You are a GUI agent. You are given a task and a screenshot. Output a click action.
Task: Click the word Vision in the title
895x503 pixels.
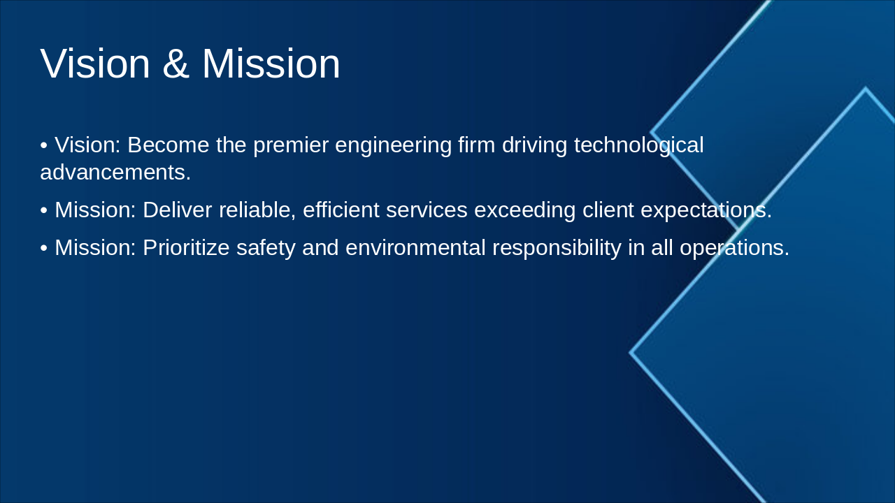click(x=95, y=64)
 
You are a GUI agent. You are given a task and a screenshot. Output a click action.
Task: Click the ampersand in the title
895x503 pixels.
click(x=176, y=64)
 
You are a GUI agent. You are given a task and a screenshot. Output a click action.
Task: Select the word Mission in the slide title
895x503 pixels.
click(x=271, y=64)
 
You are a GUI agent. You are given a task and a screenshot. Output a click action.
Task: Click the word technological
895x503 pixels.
click(x=638, y=145)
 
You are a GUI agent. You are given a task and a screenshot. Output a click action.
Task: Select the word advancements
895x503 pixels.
click(x=115, y=173)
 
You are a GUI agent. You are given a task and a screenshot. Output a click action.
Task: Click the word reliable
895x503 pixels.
click(x=257, y=210)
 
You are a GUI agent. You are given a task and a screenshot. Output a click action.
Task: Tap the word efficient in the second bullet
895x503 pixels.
click(x=341, y=210)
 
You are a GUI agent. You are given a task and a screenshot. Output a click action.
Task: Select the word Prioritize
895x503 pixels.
click(x=185, y=247)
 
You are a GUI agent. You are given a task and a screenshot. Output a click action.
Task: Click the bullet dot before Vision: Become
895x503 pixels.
click(x=44, y=146)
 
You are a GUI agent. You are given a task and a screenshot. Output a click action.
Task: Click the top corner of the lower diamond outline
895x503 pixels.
click(x=865, y=89)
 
